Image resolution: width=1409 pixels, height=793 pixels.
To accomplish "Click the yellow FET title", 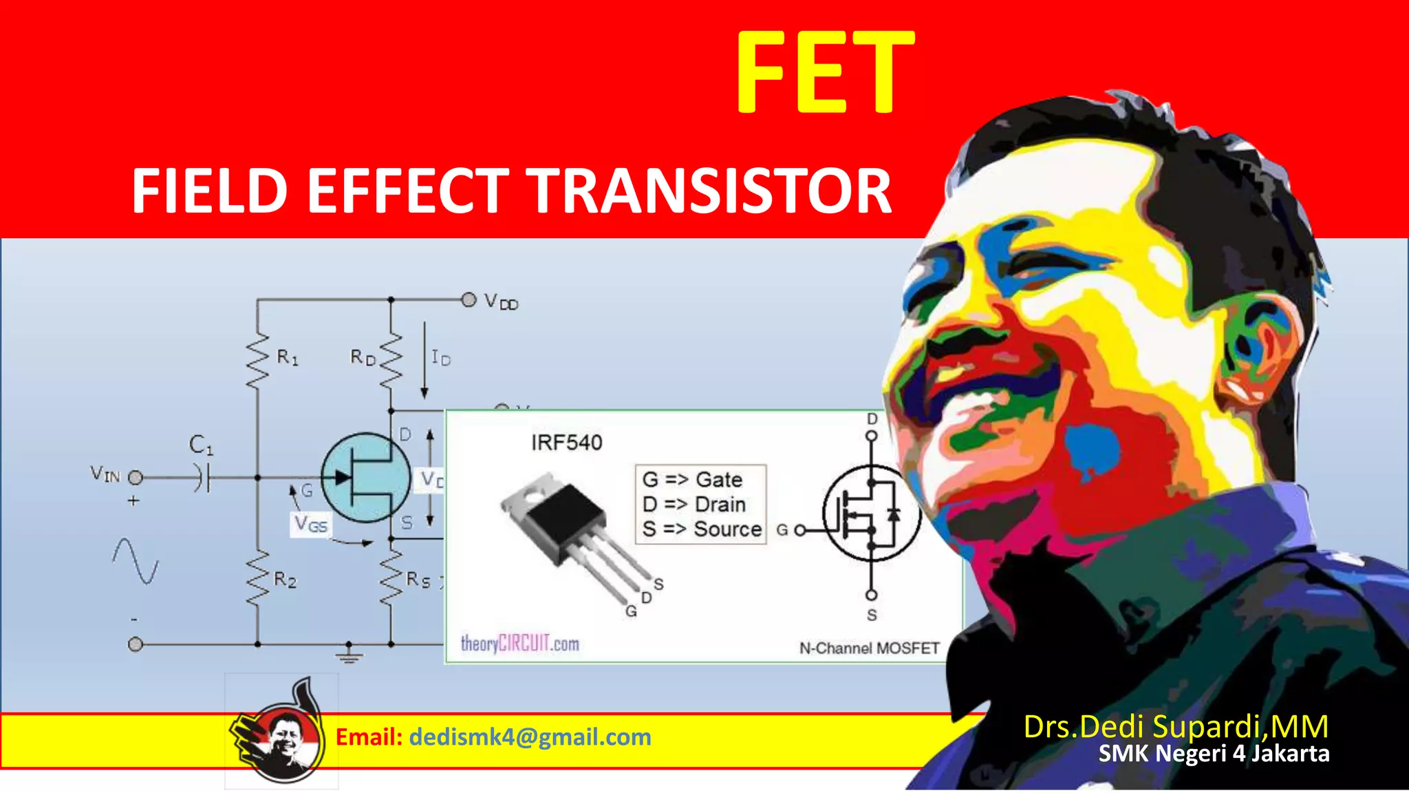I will point(825,72).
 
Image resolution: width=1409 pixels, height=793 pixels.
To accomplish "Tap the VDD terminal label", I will point(500,302).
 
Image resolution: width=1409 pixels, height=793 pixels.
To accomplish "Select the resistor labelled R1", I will point(258,360).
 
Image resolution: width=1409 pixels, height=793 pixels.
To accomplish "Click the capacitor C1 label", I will point(201,445).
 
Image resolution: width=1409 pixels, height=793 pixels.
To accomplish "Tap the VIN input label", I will point(105,474).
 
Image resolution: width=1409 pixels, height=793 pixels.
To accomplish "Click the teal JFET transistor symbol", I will point(365,477).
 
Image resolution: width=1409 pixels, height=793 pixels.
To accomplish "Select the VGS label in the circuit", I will point(310,525).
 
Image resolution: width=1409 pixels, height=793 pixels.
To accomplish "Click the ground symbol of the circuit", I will point(349,653).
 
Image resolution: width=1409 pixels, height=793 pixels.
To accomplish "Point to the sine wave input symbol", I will point(136,560).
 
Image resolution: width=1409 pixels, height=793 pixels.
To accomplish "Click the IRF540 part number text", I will point(566,443).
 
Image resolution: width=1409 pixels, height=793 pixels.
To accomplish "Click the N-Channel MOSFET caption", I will point(869,648).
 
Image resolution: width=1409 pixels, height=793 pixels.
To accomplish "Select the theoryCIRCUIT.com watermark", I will point(519,644).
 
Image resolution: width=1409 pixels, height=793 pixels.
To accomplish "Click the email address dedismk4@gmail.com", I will point(530,737).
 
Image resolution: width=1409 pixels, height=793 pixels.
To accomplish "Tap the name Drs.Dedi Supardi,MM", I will point(1175,727).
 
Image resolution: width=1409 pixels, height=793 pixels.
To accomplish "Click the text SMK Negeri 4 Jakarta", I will point(1214,754).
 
